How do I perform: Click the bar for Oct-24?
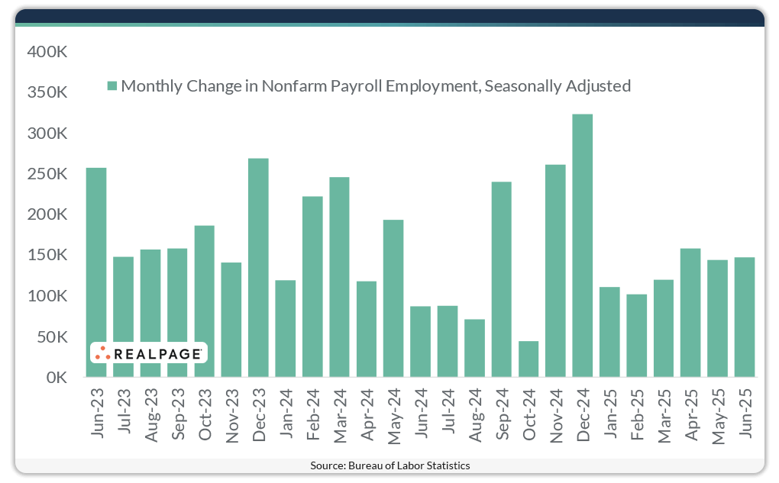pos(528,359)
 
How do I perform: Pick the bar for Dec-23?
pos(258,268)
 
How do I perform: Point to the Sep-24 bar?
pos(502,279)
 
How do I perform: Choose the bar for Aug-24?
pos(474,348)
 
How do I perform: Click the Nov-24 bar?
pos(555,271)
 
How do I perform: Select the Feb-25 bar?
pos(636,336)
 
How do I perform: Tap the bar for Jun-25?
pos(745,317)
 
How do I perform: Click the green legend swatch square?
pos(112,86)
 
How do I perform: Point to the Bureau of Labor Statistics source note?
pos(389,465)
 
